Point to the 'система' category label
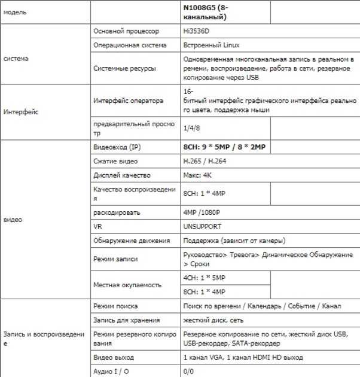click(x=16, y=59)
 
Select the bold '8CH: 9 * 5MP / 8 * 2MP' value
click(x=224, y=147)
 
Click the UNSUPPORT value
click(x=202, y=227)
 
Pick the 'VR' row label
click(x=98, y=227)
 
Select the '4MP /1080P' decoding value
click(x=202, y=212)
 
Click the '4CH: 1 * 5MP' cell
click(x=204, y=278)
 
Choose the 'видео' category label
click(x=13, y=220)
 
